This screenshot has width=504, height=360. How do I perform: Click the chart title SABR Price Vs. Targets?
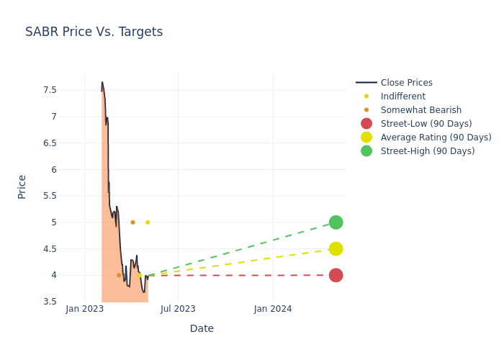[x=94, y=32]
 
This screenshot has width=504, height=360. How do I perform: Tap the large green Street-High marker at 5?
[x=336, y=222]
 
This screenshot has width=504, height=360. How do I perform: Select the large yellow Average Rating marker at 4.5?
[x=336, y=248]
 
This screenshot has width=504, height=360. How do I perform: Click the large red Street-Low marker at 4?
[x=336, y=275]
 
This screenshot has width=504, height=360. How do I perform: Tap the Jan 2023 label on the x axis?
[x=85, y=309]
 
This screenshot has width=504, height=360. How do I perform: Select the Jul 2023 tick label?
[x=178, y=309]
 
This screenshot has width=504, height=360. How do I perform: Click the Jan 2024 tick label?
[x=273, y=309]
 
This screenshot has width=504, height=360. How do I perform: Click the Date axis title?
[x=202, y=329]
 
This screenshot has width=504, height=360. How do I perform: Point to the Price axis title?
[x=22, y=186]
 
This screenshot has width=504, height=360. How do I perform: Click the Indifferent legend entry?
[x=402, y=96]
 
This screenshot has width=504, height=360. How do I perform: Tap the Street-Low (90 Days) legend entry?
[x=426, y=124]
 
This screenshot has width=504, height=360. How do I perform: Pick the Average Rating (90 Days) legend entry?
[x=436, y=138]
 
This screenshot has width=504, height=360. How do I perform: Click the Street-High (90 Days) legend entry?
[x=428, y=151]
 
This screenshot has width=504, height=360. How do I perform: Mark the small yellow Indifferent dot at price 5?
[x=148, y=222]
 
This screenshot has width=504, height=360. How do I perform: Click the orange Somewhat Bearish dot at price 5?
[x=132, y=222]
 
